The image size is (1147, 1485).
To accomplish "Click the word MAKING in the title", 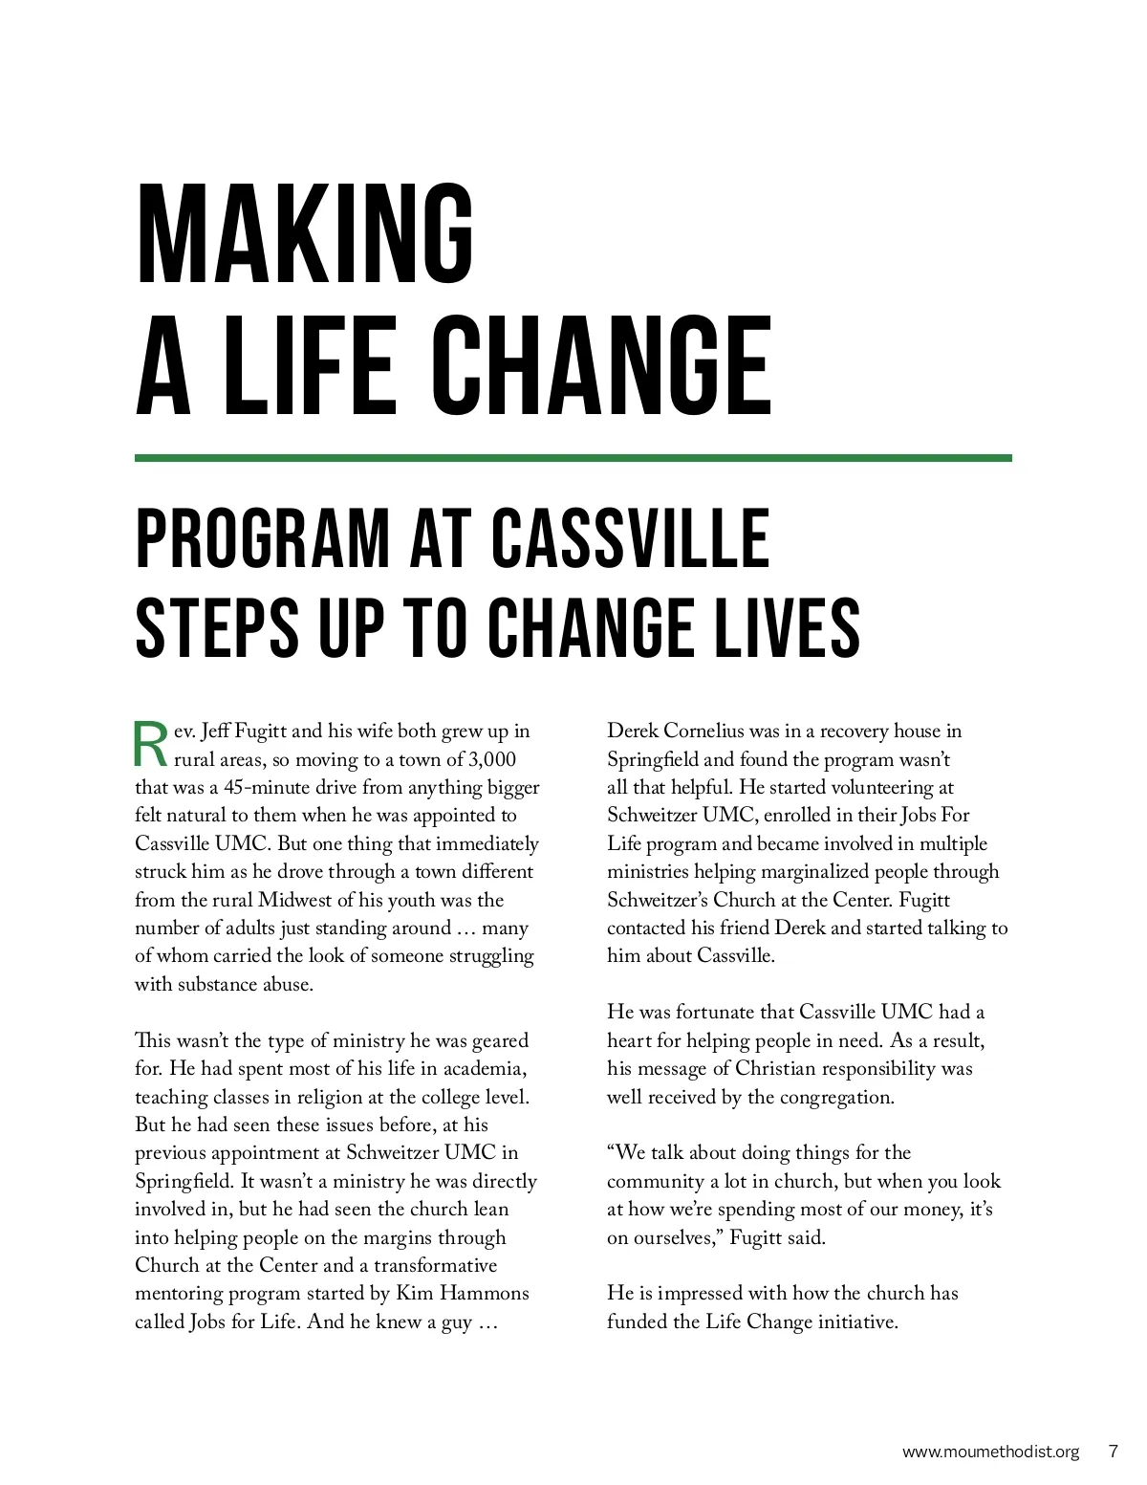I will (306, 234).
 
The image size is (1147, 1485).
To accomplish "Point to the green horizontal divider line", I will (573, 458).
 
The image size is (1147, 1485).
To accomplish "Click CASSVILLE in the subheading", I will (630, 539).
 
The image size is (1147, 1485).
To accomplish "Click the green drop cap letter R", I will (151, 746).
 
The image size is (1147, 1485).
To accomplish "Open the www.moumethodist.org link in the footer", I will (990, 1451).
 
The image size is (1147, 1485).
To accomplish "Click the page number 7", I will (1113, 1451).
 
